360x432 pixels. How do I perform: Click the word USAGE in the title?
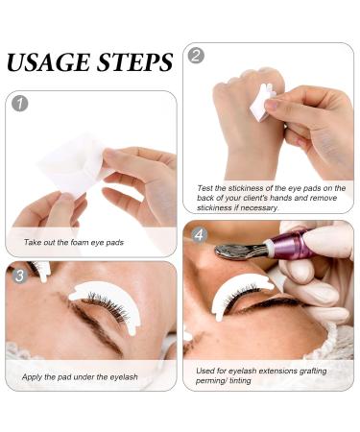tap(47, 63)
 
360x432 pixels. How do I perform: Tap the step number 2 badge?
tap(198, 56)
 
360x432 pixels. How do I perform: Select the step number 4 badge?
tap(198, 233)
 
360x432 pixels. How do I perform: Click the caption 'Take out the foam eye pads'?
tap(75, 243)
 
